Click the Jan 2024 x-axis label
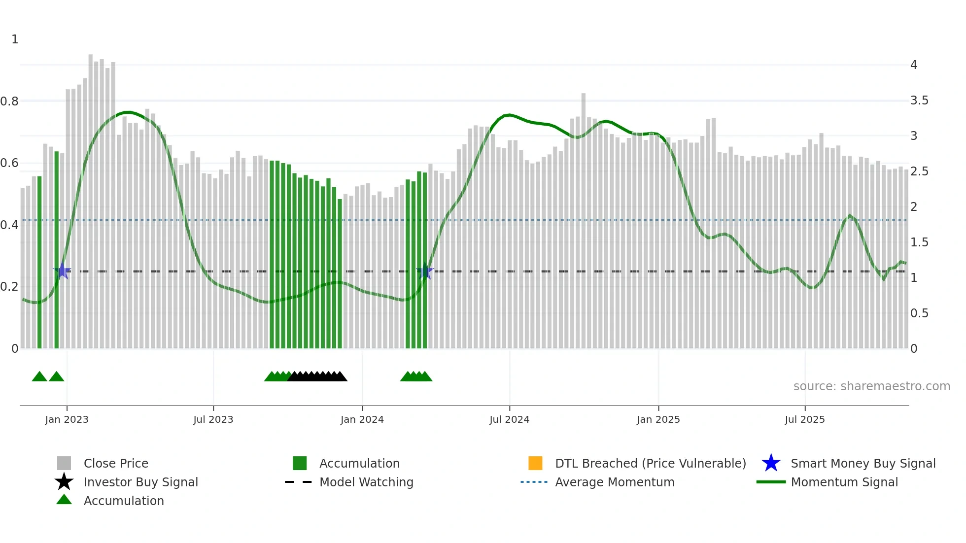click(362, 419)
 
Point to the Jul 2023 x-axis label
click(213, 419)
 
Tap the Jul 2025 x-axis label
click(804, 419)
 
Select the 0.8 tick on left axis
click(9, 102)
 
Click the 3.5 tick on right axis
click(919, 101)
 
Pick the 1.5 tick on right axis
click(919, 242)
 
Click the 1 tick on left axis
click(15, 39)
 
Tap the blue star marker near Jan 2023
click(62, 271)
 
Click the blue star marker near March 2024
click(425, 271)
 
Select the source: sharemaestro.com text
click(871, 386)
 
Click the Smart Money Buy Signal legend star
click(771, 463)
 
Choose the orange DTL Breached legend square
click(535, 463)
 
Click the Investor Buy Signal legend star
click(64, 482)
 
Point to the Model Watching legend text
click(366, 482)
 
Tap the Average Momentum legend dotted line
click(534, 482)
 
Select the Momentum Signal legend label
click(844, 482)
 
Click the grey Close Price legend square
click(64, 463)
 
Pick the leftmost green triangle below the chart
click(39, 377)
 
